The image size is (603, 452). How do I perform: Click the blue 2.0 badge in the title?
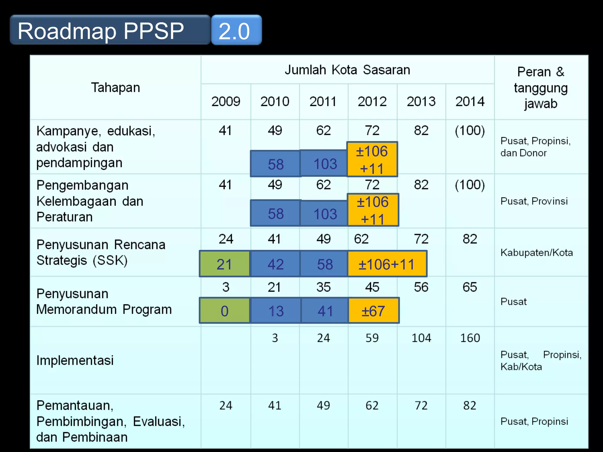[236, 30]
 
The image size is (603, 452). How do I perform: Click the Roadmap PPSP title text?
[101, 31]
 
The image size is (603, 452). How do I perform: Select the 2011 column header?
[323, 102]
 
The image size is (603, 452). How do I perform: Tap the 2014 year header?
[470, 102]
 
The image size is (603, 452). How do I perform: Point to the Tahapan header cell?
[115, 88]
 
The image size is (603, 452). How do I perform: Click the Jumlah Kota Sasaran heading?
[347, 70]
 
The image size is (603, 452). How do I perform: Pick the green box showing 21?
[224, 264]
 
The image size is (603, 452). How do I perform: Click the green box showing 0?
[224, 311]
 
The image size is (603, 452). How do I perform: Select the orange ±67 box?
[373, 311]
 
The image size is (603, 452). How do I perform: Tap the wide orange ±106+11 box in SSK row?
[387, 264]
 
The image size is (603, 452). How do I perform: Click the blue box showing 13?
[276, 311]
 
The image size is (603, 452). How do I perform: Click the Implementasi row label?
[75, 360]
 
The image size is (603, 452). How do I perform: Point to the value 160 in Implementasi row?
[470, 338]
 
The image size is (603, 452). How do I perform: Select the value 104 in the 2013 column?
[421, 338]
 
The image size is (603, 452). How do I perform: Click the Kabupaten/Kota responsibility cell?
[536, 252]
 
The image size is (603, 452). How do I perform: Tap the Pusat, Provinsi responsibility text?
[534, 201]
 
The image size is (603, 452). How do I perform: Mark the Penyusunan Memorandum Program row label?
[104, 302]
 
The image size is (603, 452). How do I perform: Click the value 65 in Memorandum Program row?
[470, 287]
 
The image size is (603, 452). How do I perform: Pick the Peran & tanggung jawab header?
[541, 88]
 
